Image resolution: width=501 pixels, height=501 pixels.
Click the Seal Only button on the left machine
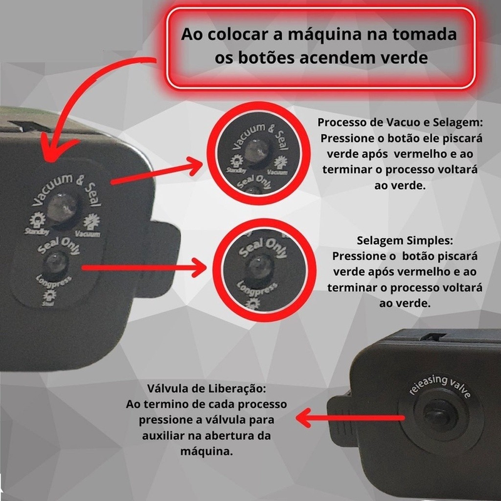click(x=58, y=261)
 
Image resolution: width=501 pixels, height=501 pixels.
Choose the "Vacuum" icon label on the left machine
click(x=90, y=230)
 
